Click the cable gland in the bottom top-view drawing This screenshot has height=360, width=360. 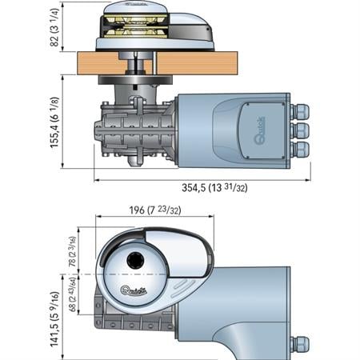pos(301,344)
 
